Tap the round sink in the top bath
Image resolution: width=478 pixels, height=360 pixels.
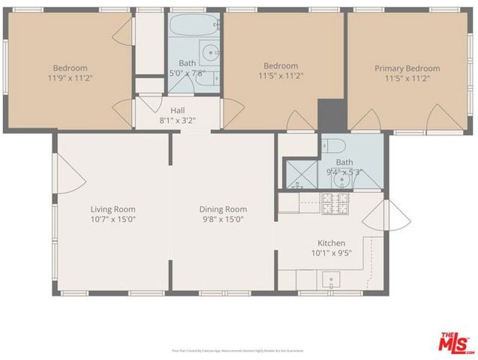pos(212,53)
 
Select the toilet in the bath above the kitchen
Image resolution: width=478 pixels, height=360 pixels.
pos(337,145)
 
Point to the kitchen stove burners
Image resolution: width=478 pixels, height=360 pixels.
pos(332,202)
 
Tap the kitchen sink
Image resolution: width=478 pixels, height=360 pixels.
pos(329,280)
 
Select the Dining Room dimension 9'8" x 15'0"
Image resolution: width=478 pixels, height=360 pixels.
pos(223,220)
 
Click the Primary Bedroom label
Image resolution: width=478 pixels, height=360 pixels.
pos(407,68)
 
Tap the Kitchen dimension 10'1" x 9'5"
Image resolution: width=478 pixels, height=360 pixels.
pos(331,253)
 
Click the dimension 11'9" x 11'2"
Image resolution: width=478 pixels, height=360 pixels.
pos(70,77)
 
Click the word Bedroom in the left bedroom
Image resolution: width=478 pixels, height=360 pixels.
pos(70,67)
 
